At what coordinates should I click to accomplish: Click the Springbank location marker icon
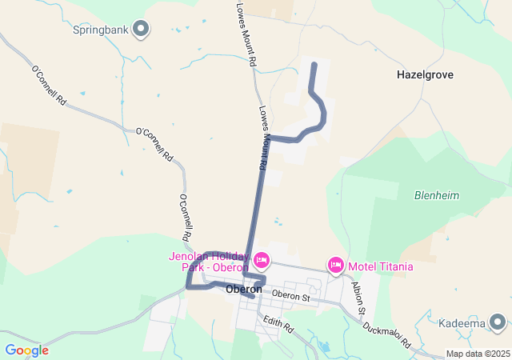pos(142,30)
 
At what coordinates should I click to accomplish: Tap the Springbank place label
pos(101,30)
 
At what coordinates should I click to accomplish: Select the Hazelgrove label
pos(425,74)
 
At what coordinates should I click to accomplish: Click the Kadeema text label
pos(462,323)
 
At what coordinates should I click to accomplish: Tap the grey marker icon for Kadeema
pos(498,322)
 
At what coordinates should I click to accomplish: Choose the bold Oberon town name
pos(244,289)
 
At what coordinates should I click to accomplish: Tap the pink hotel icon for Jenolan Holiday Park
pos(261,261)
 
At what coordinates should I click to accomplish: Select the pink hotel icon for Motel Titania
pos(336,265)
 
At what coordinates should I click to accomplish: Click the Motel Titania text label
pos(380,266)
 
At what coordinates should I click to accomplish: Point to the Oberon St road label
pos(290,296)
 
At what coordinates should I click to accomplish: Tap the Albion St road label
pos(359,299)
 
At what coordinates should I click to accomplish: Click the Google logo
pos(26,350)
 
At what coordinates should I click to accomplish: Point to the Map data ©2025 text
pos(477,354)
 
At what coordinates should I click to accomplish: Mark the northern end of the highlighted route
pos(313,64)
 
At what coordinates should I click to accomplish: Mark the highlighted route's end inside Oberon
pos(252,296)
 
